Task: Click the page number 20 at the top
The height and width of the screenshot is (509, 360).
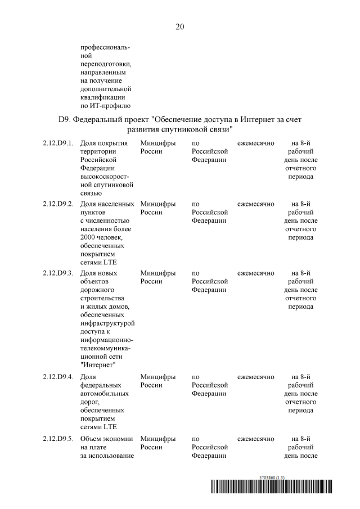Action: pos(180,26)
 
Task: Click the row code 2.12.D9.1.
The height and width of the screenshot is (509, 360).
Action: pos(58,143)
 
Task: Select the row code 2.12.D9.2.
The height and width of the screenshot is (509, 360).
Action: pos(58,204)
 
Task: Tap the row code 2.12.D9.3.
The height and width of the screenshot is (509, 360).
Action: pos(58,273)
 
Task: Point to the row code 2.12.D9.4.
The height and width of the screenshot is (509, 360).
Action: pos(58,376)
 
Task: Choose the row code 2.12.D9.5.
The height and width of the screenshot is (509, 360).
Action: pos(58,438)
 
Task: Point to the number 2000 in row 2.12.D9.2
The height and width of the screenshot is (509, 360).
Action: pos(89,237)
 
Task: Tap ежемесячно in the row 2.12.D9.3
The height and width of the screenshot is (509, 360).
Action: pos(256,273)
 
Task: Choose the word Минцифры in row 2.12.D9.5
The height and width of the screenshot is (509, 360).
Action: pos(158,438)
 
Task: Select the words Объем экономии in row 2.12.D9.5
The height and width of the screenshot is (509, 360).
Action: pos(107,438)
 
